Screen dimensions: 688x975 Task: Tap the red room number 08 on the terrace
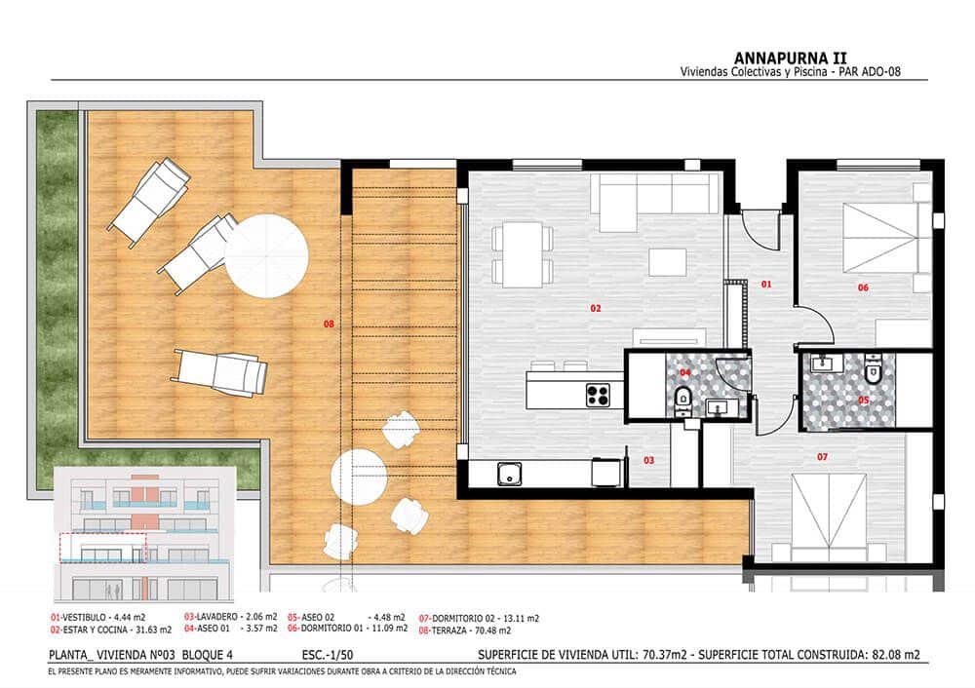coord(329,322)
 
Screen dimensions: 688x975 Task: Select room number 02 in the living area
coord(596,308)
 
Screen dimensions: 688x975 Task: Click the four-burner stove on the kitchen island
coord(599,395)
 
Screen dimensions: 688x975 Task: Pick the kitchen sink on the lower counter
coord(508,475)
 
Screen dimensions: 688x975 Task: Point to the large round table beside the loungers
coord(266,256)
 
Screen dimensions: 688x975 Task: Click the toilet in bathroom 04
coord(683,395)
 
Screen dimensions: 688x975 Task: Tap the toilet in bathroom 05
coord(873,372)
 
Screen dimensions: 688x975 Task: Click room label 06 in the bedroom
coord(863,287)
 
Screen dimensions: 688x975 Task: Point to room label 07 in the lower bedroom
coord(822,456)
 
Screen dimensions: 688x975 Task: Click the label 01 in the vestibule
coord(765,285)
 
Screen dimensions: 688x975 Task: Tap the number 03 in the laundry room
coord(647,459)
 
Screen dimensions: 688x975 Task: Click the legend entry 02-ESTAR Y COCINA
coord(96,631)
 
